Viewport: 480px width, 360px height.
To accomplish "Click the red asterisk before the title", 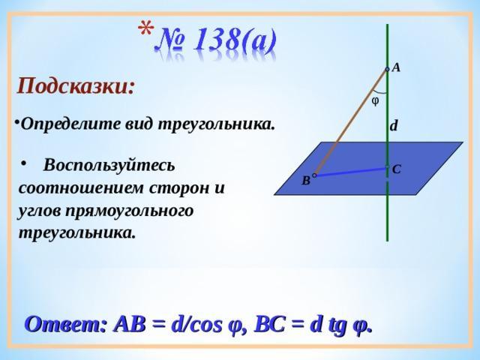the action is (146, 30).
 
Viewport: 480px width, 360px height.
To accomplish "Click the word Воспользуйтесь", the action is (109, 165).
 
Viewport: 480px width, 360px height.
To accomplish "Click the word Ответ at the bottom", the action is (65, 325).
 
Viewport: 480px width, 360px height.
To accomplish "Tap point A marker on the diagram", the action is (387, 70).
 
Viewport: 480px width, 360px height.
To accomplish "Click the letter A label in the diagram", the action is (396, 67).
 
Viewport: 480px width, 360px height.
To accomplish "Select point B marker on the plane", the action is (314, 175).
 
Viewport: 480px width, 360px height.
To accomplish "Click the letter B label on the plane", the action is (306, 181).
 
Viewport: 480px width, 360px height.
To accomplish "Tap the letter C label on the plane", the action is (397, 169).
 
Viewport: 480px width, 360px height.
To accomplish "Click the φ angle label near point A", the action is (375, 100).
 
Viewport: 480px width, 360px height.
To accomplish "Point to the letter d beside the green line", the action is (394, 125).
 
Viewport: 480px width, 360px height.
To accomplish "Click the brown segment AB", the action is (351, 122).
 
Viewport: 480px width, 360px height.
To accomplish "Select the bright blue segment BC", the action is (351, 172).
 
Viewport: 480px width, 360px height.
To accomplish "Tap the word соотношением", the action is (81, 187).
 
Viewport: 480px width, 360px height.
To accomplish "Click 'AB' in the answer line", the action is (129, 325).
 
